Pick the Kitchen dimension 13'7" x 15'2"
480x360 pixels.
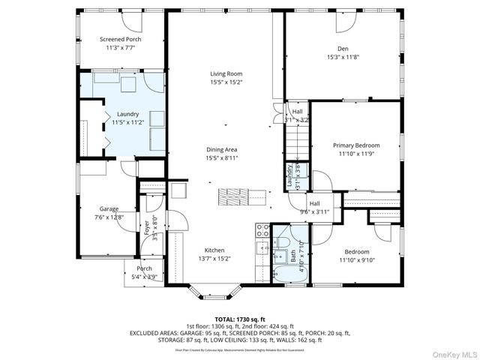[214, 259]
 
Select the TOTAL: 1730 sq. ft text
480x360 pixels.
[239, 319]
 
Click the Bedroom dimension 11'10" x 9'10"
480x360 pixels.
[356, 259]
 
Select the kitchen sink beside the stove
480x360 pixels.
[262, 248]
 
